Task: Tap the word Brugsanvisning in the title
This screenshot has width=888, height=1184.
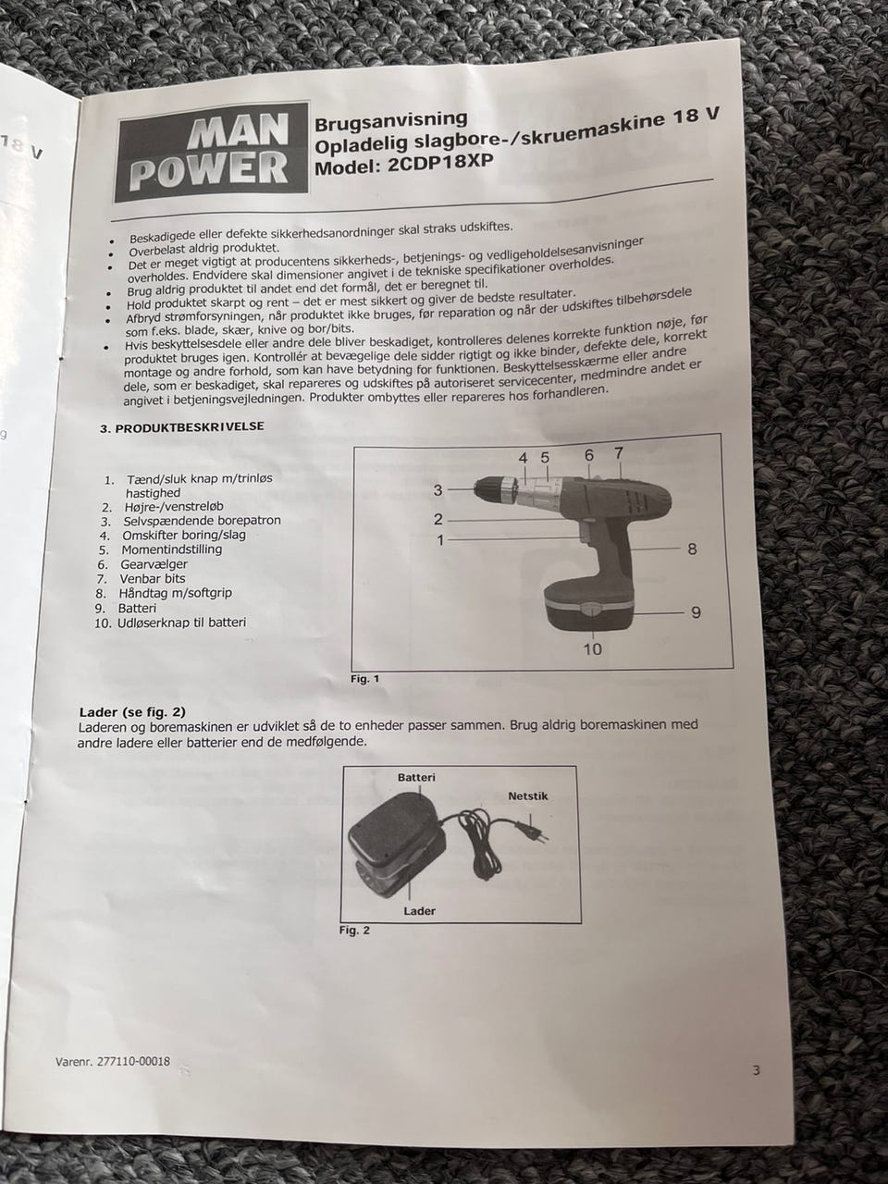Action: pos(391,121)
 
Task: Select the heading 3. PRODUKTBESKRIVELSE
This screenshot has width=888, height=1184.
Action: pos(182,427)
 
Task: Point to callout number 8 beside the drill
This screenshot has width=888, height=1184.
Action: pos(692,549)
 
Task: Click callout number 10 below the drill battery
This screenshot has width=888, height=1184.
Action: pos(593,649)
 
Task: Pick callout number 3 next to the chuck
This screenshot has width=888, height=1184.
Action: pos(438,490)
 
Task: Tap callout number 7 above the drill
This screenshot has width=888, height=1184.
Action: pos(619,453)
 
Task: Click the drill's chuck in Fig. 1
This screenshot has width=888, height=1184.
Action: pos(496,489)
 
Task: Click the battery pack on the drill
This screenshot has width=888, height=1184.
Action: pos(590,606)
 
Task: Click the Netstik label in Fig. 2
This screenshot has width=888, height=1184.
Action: pos(528,796)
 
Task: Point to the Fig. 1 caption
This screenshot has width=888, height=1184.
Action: pos(365,679)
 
